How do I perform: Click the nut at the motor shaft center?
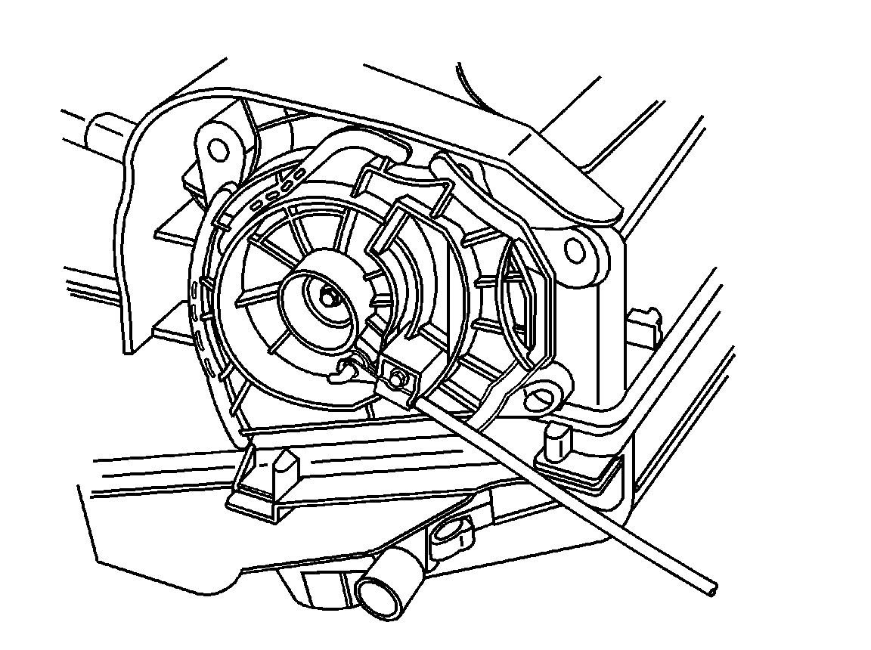click(328, 296)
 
